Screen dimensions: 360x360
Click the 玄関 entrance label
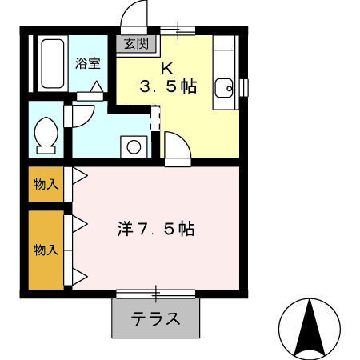point(136,43)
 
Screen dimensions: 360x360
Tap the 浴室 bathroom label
point(86,62)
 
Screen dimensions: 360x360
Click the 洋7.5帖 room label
point(152,229)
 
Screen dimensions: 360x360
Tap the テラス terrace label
point(156,318)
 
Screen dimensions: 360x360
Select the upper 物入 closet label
point(46,185)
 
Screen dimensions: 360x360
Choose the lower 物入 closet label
point(46,249)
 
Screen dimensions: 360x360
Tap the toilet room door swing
point(82,117)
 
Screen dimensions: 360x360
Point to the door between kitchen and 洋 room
point(176,149)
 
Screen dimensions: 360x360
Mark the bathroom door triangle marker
point(95,87)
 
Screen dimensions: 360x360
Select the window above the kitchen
point(177,31)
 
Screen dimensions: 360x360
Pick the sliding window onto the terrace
point(156,294)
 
